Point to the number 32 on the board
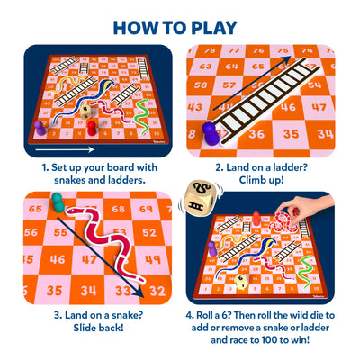[x=157, y=291]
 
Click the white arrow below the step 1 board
[x=67, y=146]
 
